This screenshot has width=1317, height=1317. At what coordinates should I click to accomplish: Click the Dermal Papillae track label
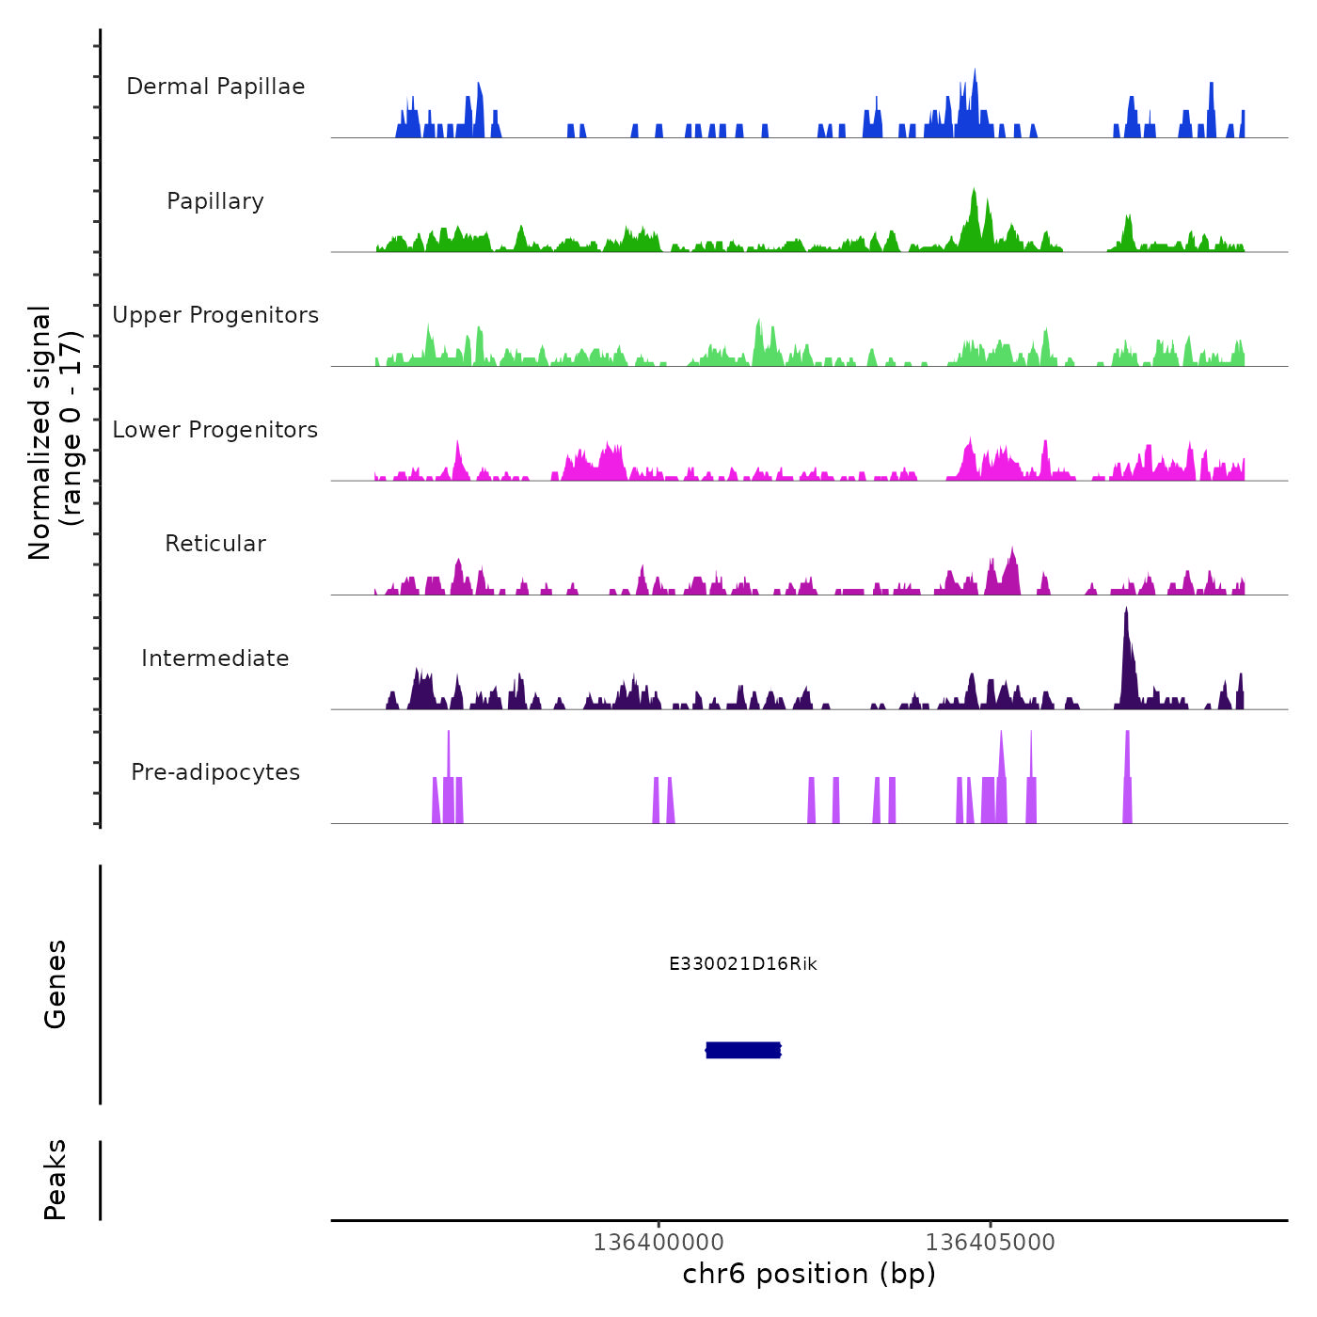[x=215, y=87]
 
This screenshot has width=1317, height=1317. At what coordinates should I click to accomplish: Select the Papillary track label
[x=215, y=201]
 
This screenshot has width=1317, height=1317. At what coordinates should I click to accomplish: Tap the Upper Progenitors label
[x=215, y=315]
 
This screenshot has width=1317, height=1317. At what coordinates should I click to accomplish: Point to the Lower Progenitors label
[x=215, y=430]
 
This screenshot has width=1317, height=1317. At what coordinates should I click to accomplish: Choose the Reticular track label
[x=215, y=544]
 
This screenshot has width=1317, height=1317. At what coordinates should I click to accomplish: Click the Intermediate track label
[x=215, y=658]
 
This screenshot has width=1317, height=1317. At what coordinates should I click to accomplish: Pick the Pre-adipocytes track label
[x=215, y=772]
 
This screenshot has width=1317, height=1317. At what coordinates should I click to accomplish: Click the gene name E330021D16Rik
[x=743, y=964]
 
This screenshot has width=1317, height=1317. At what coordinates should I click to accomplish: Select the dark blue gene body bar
[x=743, y=1050]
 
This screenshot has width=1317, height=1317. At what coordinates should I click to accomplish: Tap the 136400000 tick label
[x=658, y=1242]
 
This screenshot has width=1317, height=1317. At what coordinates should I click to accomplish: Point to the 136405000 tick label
[x=990, y=1242]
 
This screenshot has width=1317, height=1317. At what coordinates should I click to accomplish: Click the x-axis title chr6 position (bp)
[x=809, y=1274]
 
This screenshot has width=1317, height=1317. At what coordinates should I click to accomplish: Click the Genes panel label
[x=56, y=984]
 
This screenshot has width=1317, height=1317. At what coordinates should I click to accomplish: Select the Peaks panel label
[x=56, y=1180]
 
